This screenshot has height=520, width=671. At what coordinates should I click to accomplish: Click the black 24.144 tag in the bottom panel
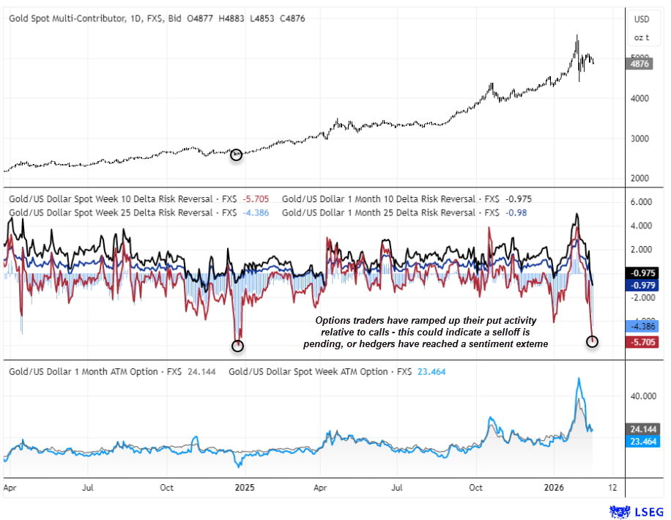click(x=641, y=428)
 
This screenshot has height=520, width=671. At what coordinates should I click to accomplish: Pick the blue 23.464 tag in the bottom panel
click(x=641, y=441)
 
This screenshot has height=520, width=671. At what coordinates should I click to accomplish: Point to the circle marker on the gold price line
click(x=236, y=155)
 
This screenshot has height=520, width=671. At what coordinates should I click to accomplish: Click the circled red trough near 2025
click(x=237, y=345)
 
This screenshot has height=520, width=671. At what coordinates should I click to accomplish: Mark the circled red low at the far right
click(x=593, y=341)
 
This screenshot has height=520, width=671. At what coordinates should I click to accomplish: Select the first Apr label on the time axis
click(x=10, y=486)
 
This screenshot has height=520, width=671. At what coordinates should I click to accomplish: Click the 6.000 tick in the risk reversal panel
click(x=641, y=202)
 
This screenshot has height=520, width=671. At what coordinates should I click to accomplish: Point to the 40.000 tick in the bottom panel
click(x=641, y=396)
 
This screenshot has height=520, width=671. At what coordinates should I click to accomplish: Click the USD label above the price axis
click(x=642, y=18)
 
